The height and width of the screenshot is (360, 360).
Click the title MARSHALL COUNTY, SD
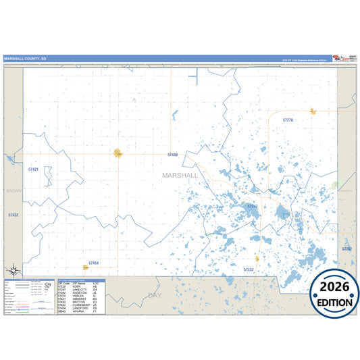[x=25, y=59]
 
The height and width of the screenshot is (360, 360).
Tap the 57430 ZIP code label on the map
[x=173, y=155]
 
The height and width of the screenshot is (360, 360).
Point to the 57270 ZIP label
[x=288, y=120]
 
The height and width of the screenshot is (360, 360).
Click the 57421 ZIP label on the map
[x=34, y=170]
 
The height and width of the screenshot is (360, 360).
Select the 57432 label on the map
[x=14, y=215]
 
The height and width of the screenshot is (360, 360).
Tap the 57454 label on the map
[x=94, y=263]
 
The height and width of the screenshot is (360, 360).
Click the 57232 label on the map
[x=249, y=269]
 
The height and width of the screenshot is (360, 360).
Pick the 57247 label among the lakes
[x=253, y=206]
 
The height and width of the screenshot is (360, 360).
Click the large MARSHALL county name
[x=180, y=175]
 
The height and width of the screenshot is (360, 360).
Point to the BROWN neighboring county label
[x=14, y=191]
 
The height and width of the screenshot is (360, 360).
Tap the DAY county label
[x=156, y=296]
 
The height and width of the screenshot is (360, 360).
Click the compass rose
[x=12, y=271]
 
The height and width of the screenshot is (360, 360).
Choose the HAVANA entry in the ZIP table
[x=77, y=311]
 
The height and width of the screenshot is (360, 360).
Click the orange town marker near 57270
[x=313, y=111]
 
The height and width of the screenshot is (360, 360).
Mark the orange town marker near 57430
[x=118, y=153]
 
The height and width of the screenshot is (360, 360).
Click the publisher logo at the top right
[x=343, y=59]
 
